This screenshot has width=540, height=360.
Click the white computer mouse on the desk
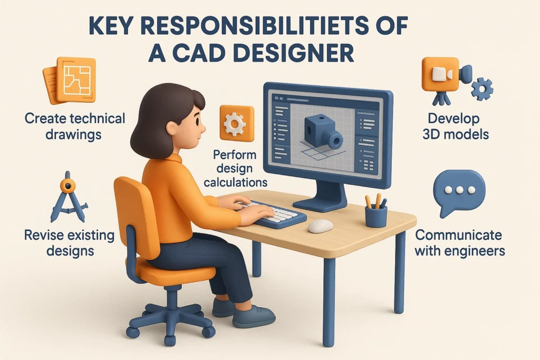coord(320,226)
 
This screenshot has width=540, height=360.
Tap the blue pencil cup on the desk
coord(376,215)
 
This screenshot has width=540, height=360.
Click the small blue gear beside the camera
coord(481,90)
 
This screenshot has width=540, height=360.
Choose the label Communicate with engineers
coord(459,242)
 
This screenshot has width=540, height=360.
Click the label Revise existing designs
coord(69,242)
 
